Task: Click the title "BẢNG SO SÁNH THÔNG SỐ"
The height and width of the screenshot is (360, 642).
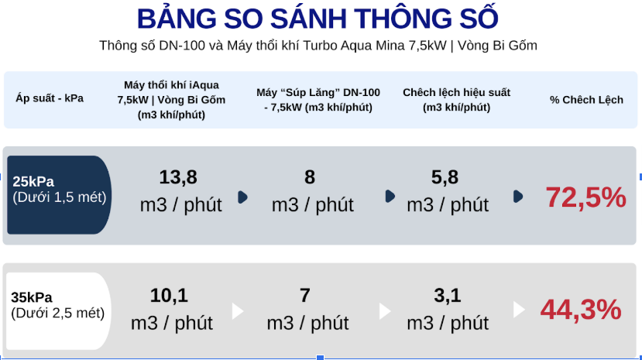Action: click(318, 18)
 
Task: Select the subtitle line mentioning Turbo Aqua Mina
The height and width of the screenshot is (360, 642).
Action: click(318, 45)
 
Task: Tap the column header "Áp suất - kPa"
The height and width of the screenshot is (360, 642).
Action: click(50, 98)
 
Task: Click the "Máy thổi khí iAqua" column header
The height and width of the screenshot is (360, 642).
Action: click(171, 100)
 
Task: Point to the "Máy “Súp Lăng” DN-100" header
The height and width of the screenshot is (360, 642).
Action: click(318, 100)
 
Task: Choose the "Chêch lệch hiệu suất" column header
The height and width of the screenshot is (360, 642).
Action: click(456, 100)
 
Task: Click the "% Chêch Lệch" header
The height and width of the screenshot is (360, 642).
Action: click(586, 100)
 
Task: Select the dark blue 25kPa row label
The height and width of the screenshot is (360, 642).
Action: click(59, 195)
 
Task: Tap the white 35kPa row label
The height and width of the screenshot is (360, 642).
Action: click(58, 311)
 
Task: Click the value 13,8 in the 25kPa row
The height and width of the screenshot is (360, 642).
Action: click(178, 177)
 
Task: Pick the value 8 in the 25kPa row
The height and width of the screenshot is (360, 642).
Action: click(310, 177)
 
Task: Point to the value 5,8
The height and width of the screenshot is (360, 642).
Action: click(445, 177)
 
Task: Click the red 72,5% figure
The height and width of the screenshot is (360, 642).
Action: click(586, 197)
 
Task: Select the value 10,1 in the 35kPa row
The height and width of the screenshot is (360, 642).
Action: click(169, 296)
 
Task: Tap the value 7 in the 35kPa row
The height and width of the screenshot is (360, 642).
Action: click(304, 296)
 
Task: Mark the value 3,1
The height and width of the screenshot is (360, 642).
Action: click(448, 296)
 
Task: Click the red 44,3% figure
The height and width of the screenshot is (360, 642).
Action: click(581, 309)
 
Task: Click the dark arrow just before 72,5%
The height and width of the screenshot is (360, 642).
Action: click(518, 197)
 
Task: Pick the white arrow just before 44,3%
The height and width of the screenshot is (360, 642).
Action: click(519, 310)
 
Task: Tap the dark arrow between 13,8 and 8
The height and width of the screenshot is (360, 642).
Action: click(243, 197)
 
